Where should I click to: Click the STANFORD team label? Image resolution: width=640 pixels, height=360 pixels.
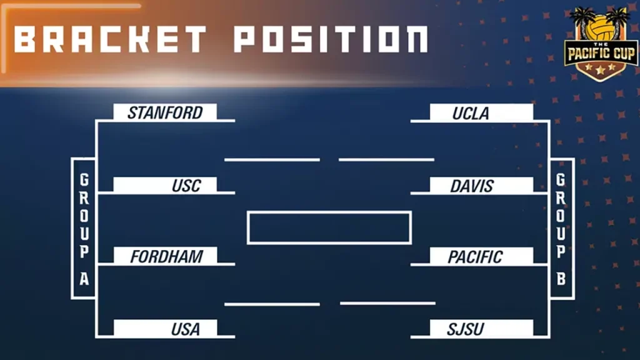point(165,112)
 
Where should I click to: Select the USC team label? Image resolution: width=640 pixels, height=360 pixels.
point(186,186)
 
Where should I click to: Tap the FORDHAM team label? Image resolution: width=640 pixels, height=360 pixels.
point(166,256)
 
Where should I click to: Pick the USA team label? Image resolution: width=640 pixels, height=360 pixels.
point(186,329)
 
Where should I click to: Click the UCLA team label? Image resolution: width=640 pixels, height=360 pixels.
point(471,113)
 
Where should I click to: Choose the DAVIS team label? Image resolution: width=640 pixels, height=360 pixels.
point(472,186)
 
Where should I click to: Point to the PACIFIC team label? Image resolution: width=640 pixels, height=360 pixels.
point(475,256)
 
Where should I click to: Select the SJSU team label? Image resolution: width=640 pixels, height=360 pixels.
point(466,329)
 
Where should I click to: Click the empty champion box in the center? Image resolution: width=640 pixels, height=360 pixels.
point(329,227)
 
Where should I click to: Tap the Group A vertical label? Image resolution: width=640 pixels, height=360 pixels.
point(84,229)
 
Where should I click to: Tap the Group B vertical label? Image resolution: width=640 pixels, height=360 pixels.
point(561,229)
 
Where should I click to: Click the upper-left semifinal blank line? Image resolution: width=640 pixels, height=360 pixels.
point(272,160)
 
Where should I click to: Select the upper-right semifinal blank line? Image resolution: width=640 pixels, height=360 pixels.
point(386,160)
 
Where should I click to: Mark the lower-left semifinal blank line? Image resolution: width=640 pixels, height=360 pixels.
point(272,304)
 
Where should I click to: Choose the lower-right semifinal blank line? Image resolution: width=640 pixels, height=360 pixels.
point(387,304)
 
